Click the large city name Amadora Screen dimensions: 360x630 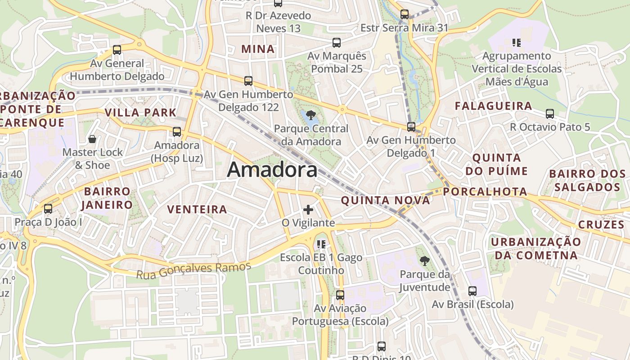point(272,170)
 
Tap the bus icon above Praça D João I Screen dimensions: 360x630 point(48,209)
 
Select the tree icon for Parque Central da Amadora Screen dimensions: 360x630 point(310,115)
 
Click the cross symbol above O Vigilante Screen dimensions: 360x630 point(308,210)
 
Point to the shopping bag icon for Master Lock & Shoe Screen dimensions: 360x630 point(92,139)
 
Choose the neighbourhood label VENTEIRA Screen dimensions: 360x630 point(197,209)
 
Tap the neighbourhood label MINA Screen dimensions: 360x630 point(258,49)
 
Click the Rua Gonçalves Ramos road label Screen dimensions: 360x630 point(193,270)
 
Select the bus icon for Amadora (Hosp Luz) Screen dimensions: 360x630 point(177,132)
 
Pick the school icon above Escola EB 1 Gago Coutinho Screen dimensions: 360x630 point(321,244)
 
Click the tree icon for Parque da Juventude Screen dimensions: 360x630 point(424,261)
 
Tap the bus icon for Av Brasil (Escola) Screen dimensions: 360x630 point(472,291)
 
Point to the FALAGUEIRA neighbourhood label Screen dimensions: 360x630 point(493,106)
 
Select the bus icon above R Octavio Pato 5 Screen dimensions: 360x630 point(549,114)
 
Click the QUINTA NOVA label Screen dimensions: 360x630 point(385,200)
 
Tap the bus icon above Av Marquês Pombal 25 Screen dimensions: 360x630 point(336,43)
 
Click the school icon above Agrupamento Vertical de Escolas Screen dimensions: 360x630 point(516,43)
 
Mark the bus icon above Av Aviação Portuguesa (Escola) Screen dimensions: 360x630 point(340,295)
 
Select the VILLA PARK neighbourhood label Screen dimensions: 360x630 point(140,112)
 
